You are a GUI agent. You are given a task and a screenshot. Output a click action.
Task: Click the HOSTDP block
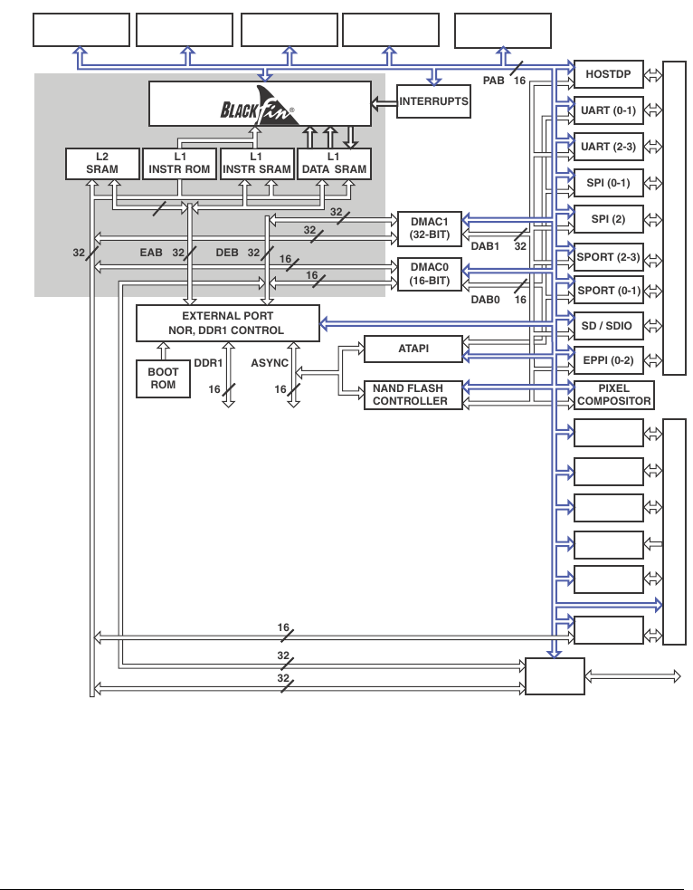[609, 73]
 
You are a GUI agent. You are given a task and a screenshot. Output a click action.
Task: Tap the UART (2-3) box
[609, 147]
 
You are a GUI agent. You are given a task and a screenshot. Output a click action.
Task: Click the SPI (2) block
[609, 219]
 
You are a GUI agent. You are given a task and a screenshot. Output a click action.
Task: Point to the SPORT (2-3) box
[609, 256]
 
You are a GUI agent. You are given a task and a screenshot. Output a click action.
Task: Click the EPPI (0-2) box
[609, 360]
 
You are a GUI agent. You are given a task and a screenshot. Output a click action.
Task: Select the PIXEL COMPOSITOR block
[613, 395]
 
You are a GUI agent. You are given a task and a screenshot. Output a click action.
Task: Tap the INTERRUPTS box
[434, 101]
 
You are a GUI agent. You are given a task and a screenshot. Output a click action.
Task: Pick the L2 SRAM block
[102, 163]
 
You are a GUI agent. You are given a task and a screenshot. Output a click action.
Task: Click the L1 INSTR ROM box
[179, 163]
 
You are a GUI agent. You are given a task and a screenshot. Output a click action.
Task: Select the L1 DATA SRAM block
[334, 163]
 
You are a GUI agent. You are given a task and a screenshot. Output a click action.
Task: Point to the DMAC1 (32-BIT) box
[430, 226]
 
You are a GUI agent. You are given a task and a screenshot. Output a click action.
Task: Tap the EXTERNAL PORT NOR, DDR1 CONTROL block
[227, 323]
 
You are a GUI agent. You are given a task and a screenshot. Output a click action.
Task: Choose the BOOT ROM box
[163, 378]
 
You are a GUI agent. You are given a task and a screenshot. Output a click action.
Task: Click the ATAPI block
[413, 348]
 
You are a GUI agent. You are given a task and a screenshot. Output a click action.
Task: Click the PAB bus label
[493, 81]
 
